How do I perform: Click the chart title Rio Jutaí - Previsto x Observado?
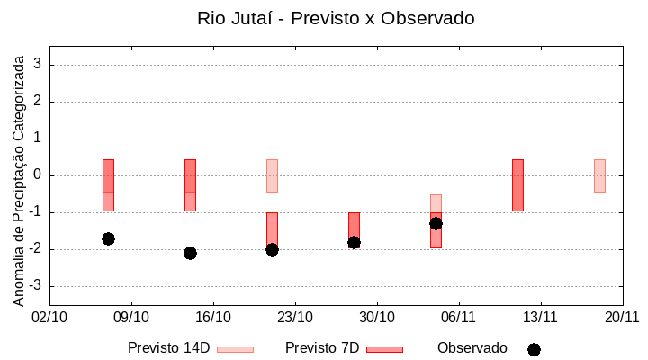pyautogui.click(x=336, y=18)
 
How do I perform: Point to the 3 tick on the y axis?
pyautogui.click(x=39, y=65)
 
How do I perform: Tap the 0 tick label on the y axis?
pyautogui.click(x=39, y=175)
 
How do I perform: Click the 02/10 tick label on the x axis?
pyautogui.click(x=49, y=317)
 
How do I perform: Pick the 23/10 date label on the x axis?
pyautogui.click(x=295, y=317)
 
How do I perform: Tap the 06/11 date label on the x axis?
pyautogui.click(x=459, y=317)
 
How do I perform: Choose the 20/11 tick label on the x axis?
pyautogui.click(x=622, y=317)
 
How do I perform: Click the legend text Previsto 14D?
pyautogui.click(x=168, y=348)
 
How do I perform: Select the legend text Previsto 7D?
pyautogui.click(x=322, y=348)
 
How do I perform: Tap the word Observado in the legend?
pyautogui.click(x=472, y=348)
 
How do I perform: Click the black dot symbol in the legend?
pyautogui.click(x=534, y=349)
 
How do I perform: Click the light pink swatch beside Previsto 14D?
pyautogui.click(x=235, y=349)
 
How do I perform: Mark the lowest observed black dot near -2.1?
pyautogui.click(x=190, y=253)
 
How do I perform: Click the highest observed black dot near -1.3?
pyautogui.click(x=436, y=223)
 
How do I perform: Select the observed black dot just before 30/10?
pyautogui.click(x=354, y=242)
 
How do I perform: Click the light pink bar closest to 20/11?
pyautogui.click(x=599, y=175)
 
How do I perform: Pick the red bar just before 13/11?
pyautogui.click(x=517, y=185)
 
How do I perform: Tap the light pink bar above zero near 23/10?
pyautogui.click(x=272, y=175)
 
